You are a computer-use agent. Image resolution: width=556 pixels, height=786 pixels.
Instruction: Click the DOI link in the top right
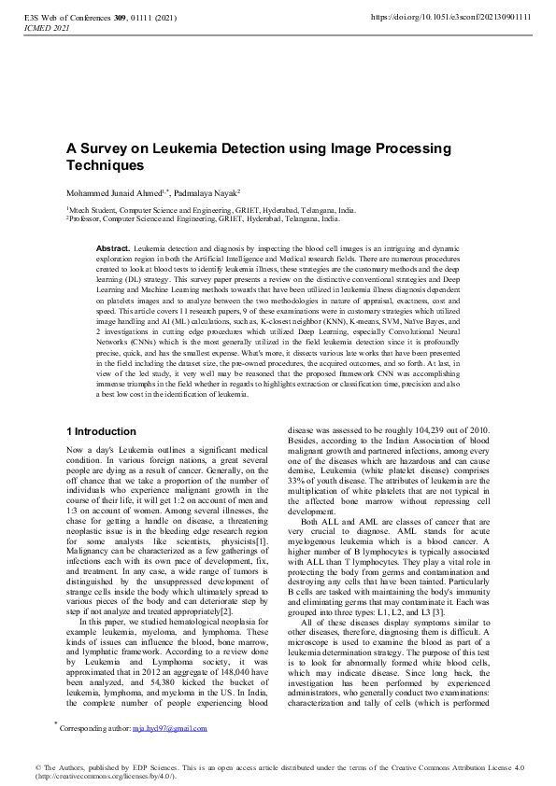click(x=450, y=17)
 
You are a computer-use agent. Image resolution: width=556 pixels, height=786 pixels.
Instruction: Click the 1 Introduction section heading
click(x=101, y=432)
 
